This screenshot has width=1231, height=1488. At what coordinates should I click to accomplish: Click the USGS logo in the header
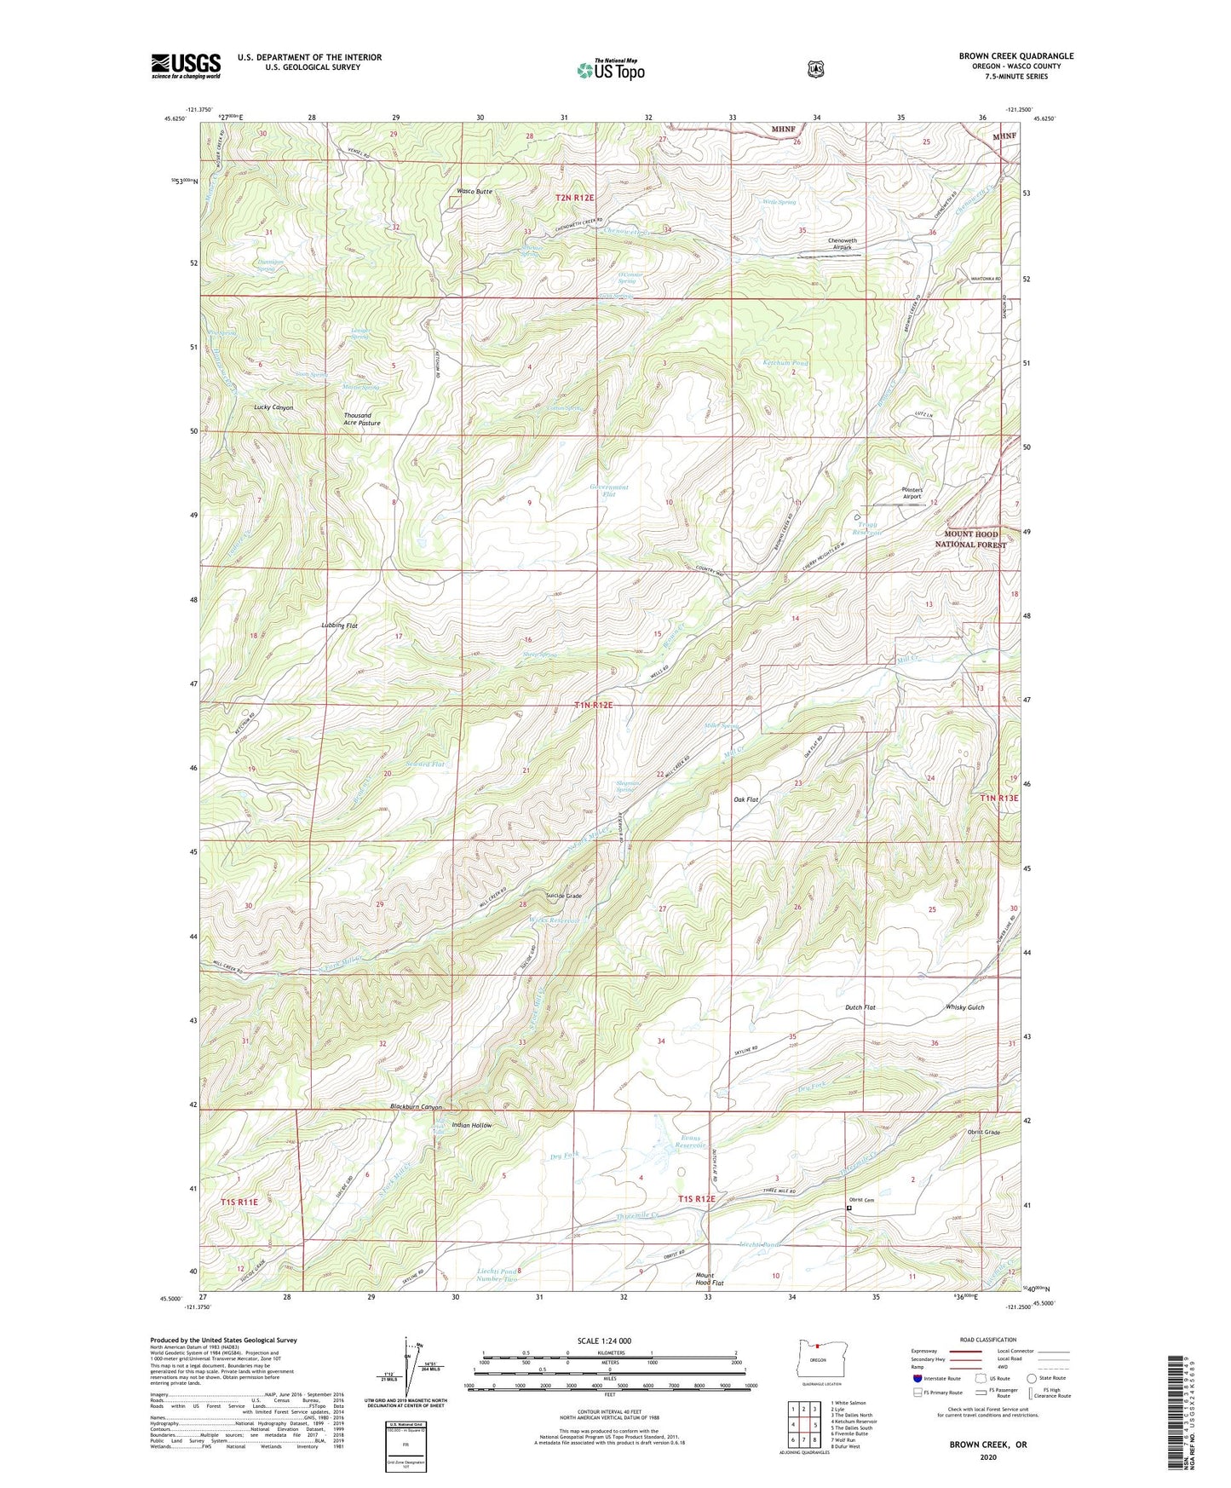click(186, 66)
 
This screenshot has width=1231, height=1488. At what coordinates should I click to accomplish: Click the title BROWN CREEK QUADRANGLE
click(1015, 56)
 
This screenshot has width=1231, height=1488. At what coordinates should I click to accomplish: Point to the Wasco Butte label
click(475, 192)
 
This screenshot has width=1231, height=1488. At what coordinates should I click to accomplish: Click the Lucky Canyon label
click(273, 407)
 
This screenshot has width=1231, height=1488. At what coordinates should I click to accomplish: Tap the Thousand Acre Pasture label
click(362, 419)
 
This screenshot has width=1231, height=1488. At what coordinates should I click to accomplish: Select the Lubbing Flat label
click(339, 626)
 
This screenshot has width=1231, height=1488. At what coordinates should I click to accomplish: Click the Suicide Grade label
click(564, 896)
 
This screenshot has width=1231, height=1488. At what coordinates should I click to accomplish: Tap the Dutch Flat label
click(860, 1007)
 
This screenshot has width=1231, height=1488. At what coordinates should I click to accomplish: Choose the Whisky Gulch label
click(964, 1007)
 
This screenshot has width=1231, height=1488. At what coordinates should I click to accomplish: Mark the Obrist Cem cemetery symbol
click(848, 1208)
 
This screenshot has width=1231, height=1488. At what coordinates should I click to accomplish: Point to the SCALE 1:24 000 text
click(604, 1341)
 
